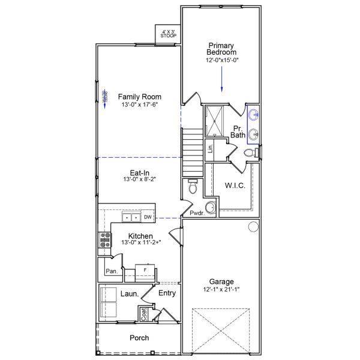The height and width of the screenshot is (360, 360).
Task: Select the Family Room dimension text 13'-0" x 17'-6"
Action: [x=139, y=105]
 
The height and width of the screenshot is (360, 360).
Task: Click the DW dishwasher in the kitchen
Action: [x=147, y=217]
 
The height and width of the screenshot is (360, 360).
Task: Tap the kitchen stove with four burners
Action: [x=105, y=240]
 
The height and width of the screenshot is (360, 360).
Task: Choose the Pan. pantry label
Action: [x=112, y=271]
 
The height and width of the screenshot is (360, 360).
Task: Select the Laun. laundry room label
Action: [x=130, y=294]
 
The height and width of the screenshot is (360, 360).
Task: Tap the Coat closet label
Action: [x=143, y=313]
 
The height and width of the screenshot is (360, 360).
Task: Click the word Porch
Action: [x=139, y=338]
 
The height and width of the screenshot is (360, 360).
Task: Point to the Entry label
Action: [x=167, y=293]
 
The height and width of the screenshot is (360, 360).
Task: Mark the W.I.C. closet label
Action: [x=235, y=185]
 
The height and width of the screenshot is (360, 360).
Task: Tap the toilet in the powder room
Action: [x=192, y=187]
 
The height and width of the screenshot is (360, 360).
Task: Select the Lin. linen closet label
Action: [x=211, y=148]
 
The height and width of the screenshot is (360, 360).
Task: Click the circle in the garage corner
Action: [x=253, y=226]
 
